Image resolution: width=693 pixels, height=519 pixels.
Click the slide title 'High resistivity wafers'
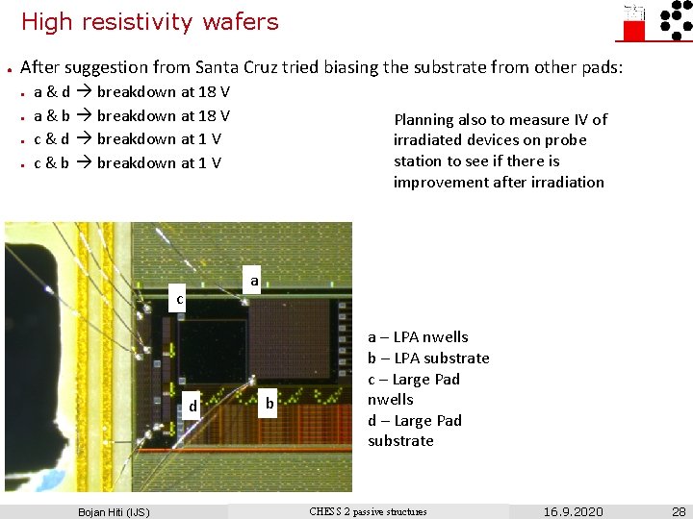[149, 21]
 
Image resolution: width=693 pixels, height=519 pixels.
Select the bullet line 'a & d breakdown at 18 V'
[132, 92]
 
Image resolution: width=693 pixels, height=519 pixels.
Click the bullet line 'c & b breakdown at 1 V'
[127, 162]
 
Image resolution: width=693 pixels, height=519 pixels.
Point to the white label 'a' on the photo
[254, 281]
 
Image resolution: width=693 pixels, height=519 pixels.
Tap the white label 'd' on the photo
[192, 407]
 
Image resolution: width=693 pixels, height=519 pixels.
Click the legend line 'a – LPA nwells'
[418, 337]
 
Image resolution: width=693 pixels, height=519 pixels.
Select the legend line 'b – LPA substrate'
[428, 358]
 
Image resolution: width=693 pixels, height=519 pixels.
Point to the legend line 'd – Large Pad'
[414, 421]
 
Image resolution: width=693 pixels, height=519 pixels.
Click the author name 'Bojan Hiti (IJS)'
[114, 511]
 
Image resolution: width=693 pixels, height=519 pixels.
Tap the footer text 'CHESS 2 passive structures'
[368, 511]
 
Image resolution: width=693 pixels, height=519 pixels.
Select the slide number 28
[679, 511]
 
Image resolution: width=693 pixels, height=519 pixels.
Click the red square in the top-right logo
[634, 30]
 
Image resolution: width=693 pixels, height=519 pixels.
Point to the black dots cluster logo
[673, 21]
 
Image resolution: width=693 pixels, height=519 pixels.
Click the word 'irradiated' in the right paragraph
[428, 140]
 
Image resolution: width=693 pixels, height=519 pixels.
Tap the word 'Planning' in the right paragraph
[423, 120]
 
